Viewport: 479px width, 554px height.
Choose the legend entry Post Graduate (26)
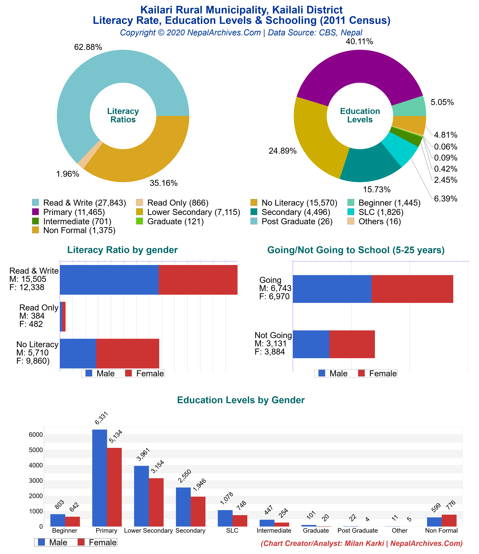click(x=297, y=221)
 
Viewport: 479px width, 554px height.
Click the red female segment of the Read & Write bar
click(x=198, y=280)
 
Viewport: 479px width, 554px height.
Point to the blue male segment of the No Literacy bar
click(x=78, y=353)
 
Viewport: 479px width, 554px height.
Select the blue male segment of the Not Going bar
click(x=311, y=344)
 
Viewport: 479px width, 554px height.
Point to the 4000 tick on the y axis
click(x=36, y=465)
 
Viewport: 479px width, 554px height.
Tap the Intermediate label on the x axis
click(x=274, y=530)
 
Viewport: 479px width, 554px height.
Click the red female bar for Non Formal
click(x=449, y=520)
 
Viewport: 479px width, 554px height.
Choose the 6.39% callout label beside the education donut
click(x=446, y=199)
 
